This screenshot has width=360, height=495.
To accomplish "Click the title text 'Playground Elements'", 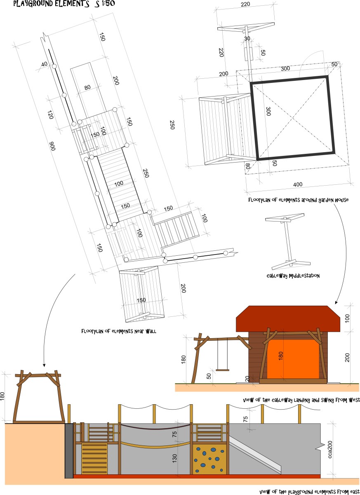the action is coord(51,4).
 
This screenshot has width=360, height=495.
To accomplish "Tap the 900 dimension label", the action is coord(52,146).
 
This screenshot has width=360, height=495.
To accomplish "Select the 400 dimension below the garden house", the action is coord(298,184).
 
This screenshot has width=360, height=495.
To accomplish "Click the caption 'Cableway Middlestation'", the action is coord(293,276).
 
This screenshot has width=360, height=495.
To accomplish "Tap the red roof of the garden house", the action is coord(288,319).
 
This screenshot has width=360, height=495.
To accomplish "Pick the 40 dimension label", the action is coord(45,64).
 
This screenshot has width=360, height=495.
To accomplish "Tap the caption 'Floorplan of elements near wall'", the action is coord(119,331).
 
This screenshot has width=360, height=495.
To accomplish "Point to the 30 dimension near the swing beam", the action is coord(247,38).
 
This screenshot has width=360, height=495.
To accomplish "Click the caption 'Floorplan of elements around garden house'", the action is coord(299,200).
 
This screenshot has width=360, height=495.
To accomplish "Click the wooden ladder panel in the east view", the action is coord(94,458).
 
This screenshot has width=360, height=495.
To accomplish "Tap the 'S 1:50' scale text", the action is coord(105,4).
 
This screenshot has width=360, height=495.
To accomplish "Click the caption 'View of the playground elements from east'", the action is coord(309,492).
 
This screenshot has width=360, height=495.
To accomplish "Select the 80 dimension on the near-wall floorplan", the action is coord(87,87).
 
